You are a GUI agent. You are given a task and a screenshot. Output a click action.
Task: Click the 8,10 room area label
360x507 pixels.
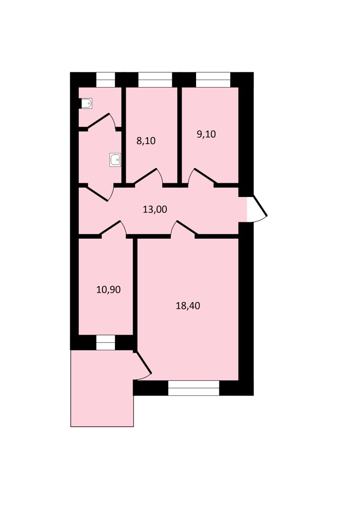coord(146,141)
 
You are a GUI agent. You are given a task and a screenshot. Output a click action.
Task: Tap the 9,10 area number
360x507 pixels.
coord(206,134)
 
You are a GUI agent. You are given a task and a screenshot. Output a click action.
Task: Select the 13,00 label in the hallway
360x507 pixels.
coord(155,209)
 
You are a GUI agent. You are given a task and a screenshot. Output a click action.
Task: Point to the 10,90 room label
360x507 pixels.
coord(108,290)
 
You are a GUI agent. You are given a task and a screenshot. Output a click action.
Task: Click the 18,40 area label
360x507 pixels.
coord(188,305)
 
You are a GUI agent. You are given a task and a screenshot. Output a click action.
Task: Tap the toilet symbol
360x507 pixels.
coord(87,103)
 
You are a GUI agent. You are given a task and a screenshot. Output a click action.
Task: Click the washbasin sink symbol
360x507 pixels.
coord(115,160)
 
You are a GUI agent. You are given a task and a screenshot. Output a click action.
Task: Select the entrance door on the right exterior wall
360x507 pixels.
coord(257,209)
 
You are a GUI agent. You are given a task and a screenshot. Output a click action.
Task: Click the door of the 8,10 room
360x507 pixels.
coord(149,177)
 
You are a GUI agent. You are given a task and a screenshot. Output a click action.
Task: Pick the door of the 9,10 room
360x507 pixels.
coord(201,177)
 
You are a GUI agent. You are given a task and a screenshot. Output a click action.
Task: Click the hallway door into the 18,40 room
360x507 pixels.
coord(184,229)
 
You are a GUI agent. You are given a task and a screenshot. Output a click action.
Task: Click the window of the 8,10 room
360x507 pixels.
coord(155,80)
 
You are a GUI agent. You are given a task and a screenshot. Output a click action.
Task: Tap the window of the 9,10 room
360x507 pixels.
coord(213,80)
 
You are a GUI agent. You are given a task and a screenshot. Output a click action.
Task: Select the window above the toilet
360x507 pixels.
coord(106,80)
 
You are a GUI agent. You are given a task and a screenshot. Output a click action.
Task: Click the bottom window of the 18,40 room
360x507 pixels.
coord(194,388)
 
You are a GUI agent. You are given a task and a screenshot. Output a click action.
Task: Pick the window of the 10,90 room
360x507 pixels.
coord(106,343)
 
